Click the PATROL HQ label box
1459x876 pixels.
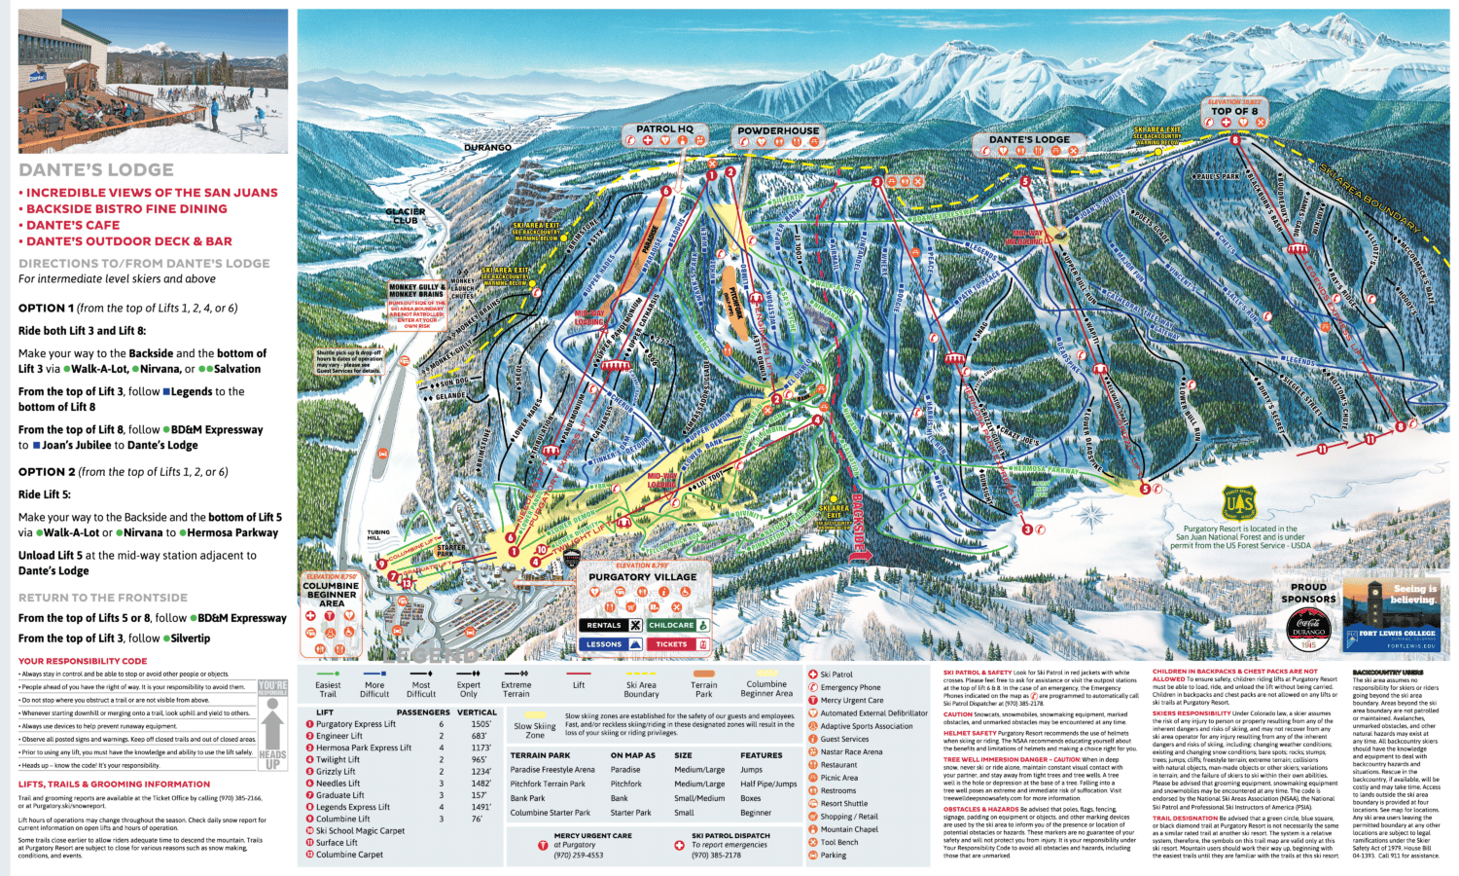pos(664,128)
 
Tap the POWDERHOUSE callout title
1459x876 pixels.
pos(778,130)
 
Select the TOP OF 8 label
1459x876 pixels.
pos(1234,111)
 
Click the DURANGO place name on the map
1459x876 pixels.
pos(487,147)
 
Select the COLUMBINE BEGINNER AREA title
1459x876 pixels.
pos(332,594)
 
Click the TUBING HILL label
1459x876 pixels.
pos(377,535)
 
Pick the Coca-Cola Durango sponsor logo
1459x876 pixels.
pos(1308,629)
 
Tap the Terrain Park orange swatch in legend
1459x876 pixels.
pos(703,674)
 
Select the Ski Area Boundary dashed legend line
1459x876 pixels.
pos(641,674)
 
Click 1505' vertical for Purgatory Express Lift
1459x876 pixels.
pos(480,724)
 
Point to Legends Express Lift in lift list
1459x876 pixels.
pos(352,807)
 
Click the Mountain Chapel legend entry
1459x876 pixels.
pos(848,829)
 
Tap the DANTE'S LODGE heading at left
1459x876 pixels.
pos(96,170)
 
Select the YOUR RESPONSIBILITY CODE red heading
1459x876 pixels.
pos(83,661)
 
